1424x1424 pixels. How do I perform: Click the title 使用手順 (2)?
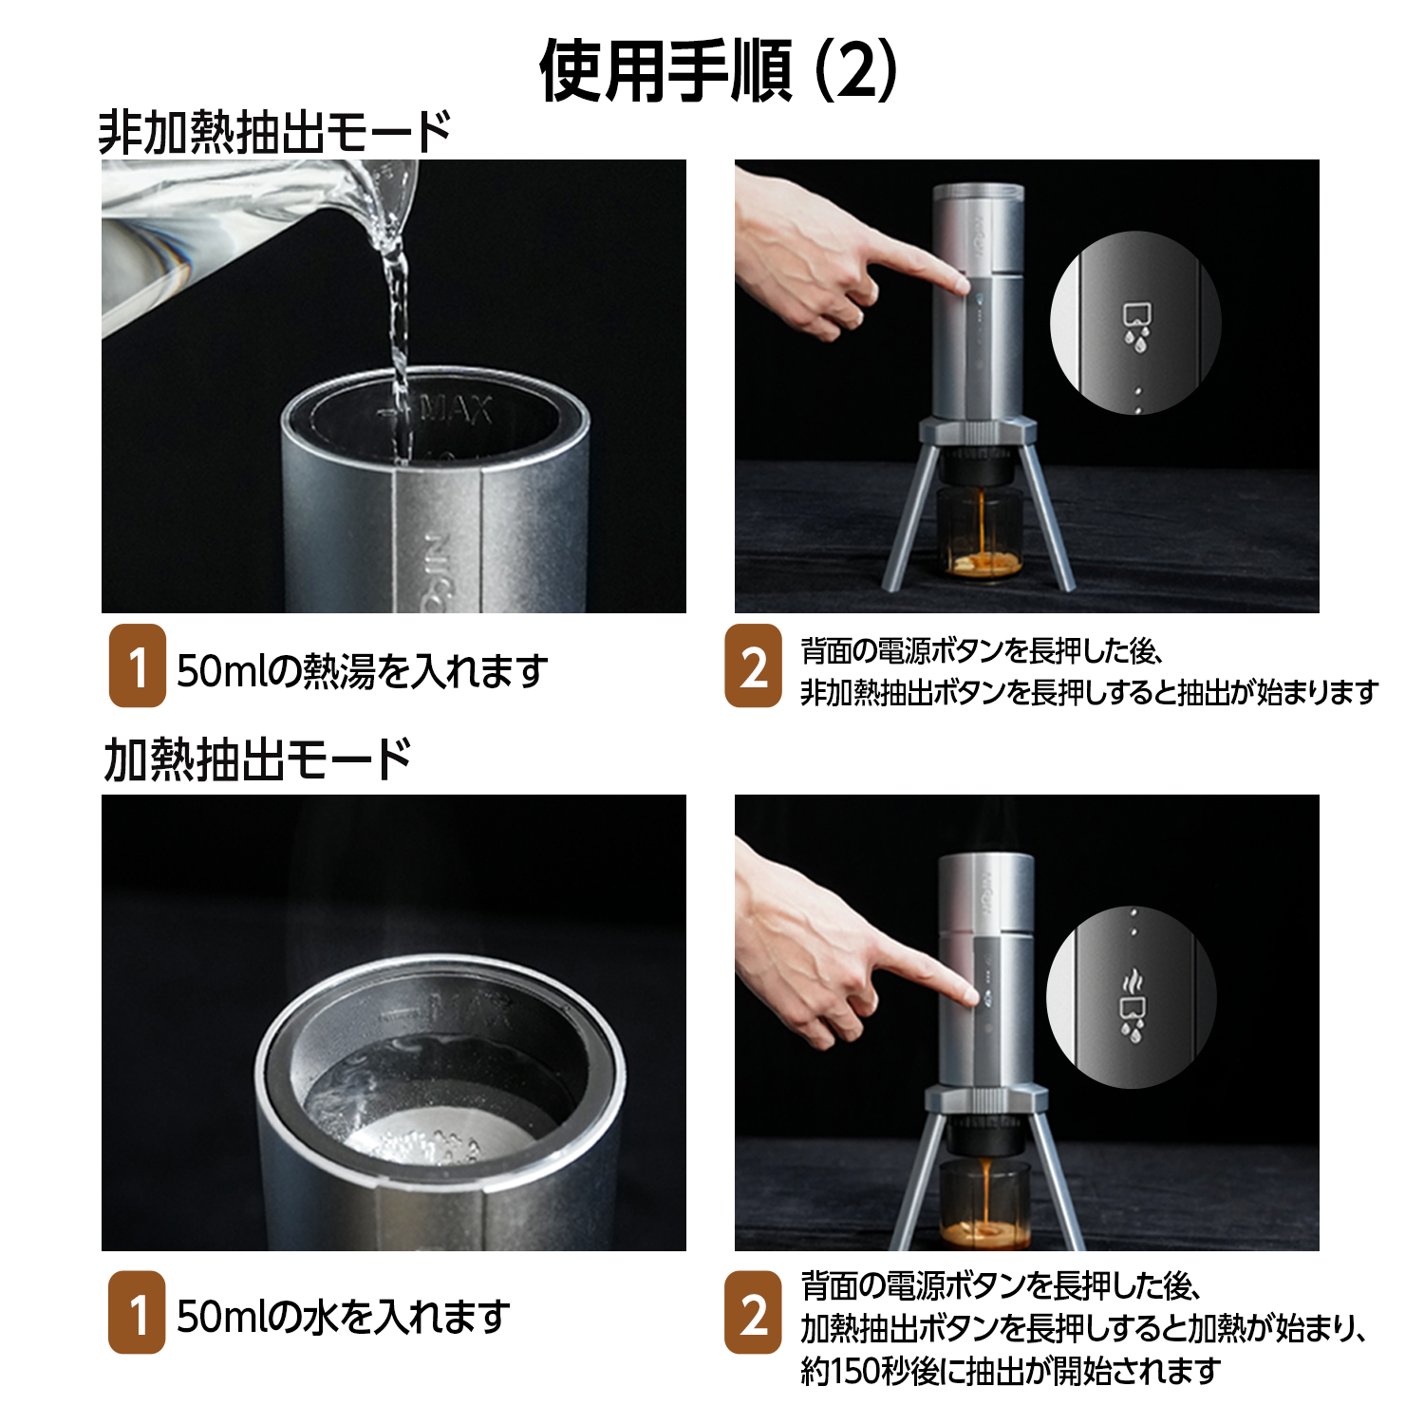click(718, 71)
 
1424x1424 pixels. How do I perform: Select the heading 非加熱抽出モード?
click(275, 131)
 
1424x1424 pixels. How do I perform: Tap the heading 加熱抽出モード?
click(257, 759)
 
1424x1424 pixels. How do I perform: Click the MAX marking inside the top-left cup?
click(456, 410)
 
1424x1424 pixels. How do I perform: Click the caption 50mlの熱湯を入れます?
click(362, 671)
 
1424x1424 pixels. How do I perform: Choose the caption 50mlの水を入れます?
click(343, 1317)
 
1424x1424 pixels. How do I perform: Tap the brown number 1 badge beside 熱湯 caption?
click(138, 665)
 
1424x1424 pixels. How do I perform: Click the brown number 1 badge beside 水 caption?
click(138, 1312)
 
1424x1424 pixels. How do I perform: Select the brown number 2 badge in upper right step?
click(754, 665)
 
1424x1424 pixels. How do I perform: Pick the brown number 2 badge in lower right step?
click(754, 1312)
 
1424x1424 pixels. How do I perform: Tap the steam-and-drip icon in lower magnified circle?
click(1133, 1003)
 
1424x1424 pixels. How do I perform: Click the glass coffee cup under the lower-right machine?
click(985, 1204)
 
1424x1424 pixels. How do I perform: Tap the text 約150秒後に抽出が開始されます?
click(1010, 1371)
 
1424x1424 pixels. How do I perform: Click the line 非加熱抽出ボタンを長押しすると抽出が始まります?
click(1089, 692)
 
